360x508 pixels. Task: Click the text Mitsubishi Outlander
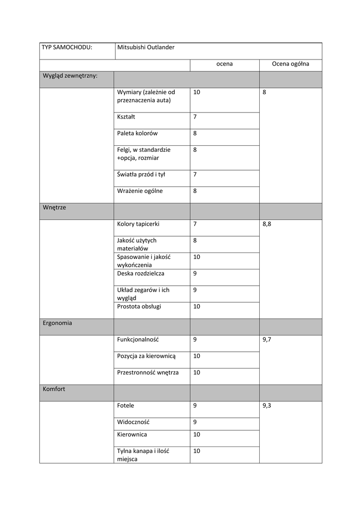click(146, 48)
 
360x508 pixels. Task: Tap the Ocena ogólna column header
click(290, 64)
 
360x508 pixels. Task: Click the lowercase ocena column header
click(224, 64)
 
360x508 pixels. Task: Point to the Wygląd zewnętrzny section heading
click(70, 76)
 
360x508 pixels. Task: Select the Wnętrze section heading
click(54, 208)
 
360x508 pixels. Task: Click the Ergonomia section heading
click(57, 323)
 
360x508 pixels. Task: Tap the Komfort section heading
click(54, 389)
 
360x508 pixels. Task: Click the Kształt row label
click(126, 117)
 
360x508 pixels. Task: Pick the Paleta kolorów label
click(138, 133)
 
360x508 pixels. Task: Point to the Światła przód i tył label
click(141, 174)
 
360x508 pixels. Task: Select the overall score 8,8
click(267, 224)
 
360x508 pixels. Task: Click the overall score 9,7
click(267, 340)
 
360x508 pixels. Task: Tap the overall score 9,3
click(267, 406)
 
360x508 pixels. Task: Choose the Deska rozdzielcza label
click(141, 273)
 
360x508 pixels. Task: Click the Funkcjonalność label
click(138, 340)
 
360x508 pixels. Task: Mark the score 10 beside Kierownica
click(197, 435)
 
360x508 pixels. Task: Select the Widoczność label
click(133, 422)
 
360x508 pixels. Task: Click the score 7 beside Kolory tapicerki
click(195, 224)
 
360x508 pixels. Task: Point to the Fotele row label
click(126, 406)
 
